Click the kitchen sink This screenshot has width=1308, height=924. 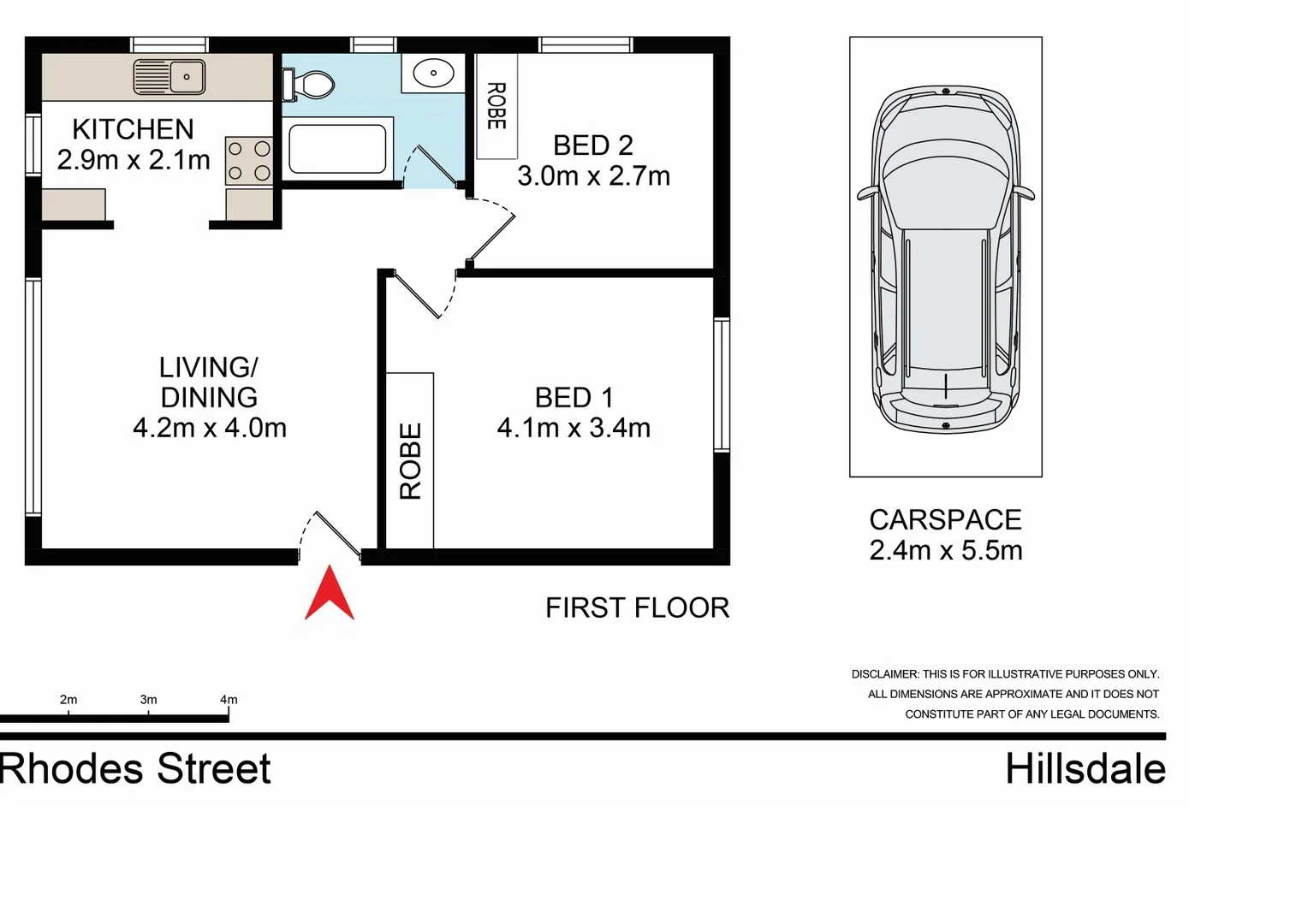click(169, 77)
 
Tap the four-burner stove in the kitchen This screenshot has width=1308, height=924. click(249, 161)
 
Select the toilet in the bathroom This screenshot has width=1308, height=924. click(309, 85)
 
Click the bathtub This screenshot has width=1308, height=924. click(336, 149)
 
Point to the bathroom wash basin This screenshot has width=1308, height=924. click(433, 74)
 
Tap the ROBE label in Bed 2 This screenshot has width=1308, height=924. click(496, 106)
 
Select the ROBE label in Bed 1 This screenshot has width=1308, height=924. click(411, 461)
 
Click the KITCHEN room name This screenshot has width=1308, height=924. click(133, 129)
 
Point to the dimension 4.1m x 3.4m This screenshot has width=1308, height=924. click(574, 428)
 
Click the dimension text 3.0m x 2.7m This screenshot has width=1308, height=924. click(593, 176)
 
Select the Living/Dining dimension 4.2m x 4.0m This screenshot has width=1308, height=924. click(210, 428)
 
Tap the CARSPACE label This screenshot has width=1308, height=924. click(945, 520)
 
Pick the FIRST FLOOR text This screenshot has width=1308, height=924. click(637, 608)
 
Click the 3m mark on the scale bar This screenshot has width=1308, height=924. click(148, 700)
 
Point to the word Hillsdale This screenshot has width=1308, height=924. click(1085, 769)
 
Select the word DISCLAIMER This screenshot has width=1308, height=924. click(884, 674)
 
